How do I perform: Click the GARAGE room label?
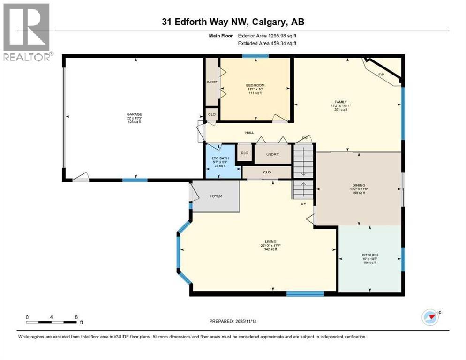[134, 114]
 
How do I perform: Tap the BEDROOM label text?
[255, 85]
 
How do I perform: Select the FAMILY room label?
[340, 101]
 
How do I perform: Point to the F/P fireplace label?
[381, 75]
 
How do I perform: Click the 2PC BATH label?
[221, 158]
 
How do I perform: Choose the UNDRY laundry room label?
[272, 154]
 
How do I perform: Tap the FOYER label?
[216, 196]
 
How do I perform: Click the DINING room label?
[359, 185]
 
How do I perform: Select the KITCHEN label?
[370, 255]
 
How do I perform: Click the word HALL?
[249, 133]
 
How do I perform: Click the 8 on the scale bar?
[76, 317]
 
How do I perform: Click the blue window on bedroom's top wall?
[256, 56]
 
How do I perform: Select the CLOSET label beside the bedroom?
[212, 81]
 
